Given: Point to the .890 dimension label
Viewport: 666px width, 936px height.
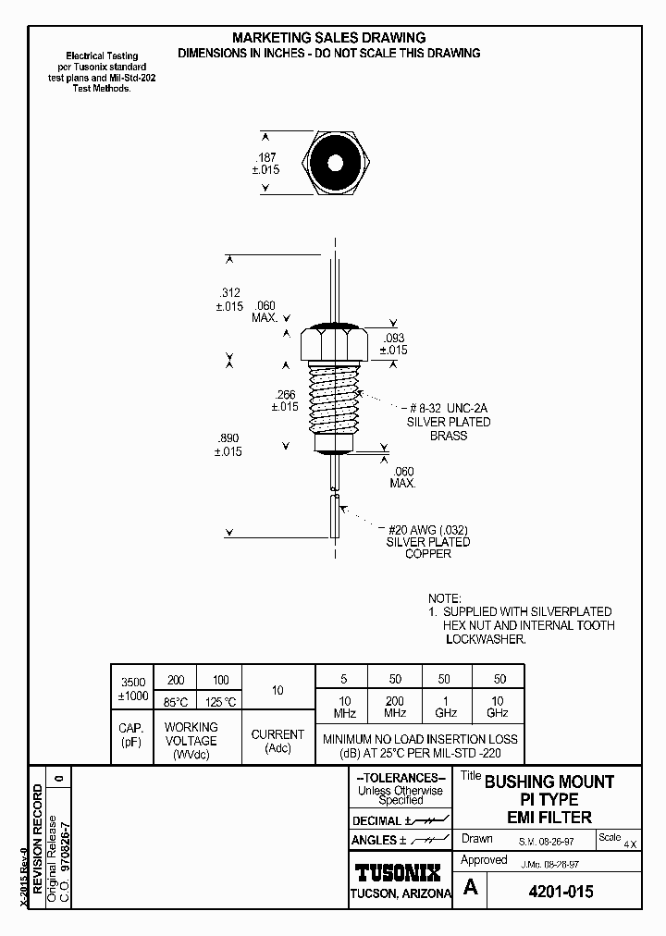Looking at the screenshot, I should click(x=228, y=438).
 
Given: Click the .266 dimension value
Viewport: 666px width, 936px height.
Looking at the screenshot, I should click(x=285, y=394).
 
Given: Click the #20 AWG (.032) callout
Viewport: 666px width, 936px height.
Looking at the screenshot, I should click(x=427, y=530).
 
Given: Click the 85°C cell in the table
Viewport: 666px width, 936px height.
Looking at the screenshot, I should click(x=175, y=701).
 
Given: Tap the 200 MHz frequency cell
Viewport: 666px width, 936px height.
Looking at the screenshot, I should click(x=395, y=708).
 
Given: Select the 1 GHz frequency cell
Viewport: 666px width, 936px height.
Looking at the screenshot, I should click(x=447, y=708).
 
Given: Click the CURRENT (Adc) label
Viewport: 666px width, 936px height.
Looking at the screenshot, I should click(x=277, y=741).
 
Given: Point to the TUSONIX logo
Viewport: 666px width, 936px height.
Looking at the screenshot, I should click(x=399, y=872).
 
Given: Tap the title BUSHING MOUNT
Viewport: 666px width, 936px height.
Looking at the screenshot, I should click(x=549, y=782).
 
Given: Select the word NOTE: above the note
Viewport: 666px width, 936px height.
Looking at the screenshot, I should click(x=444, y=599).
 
